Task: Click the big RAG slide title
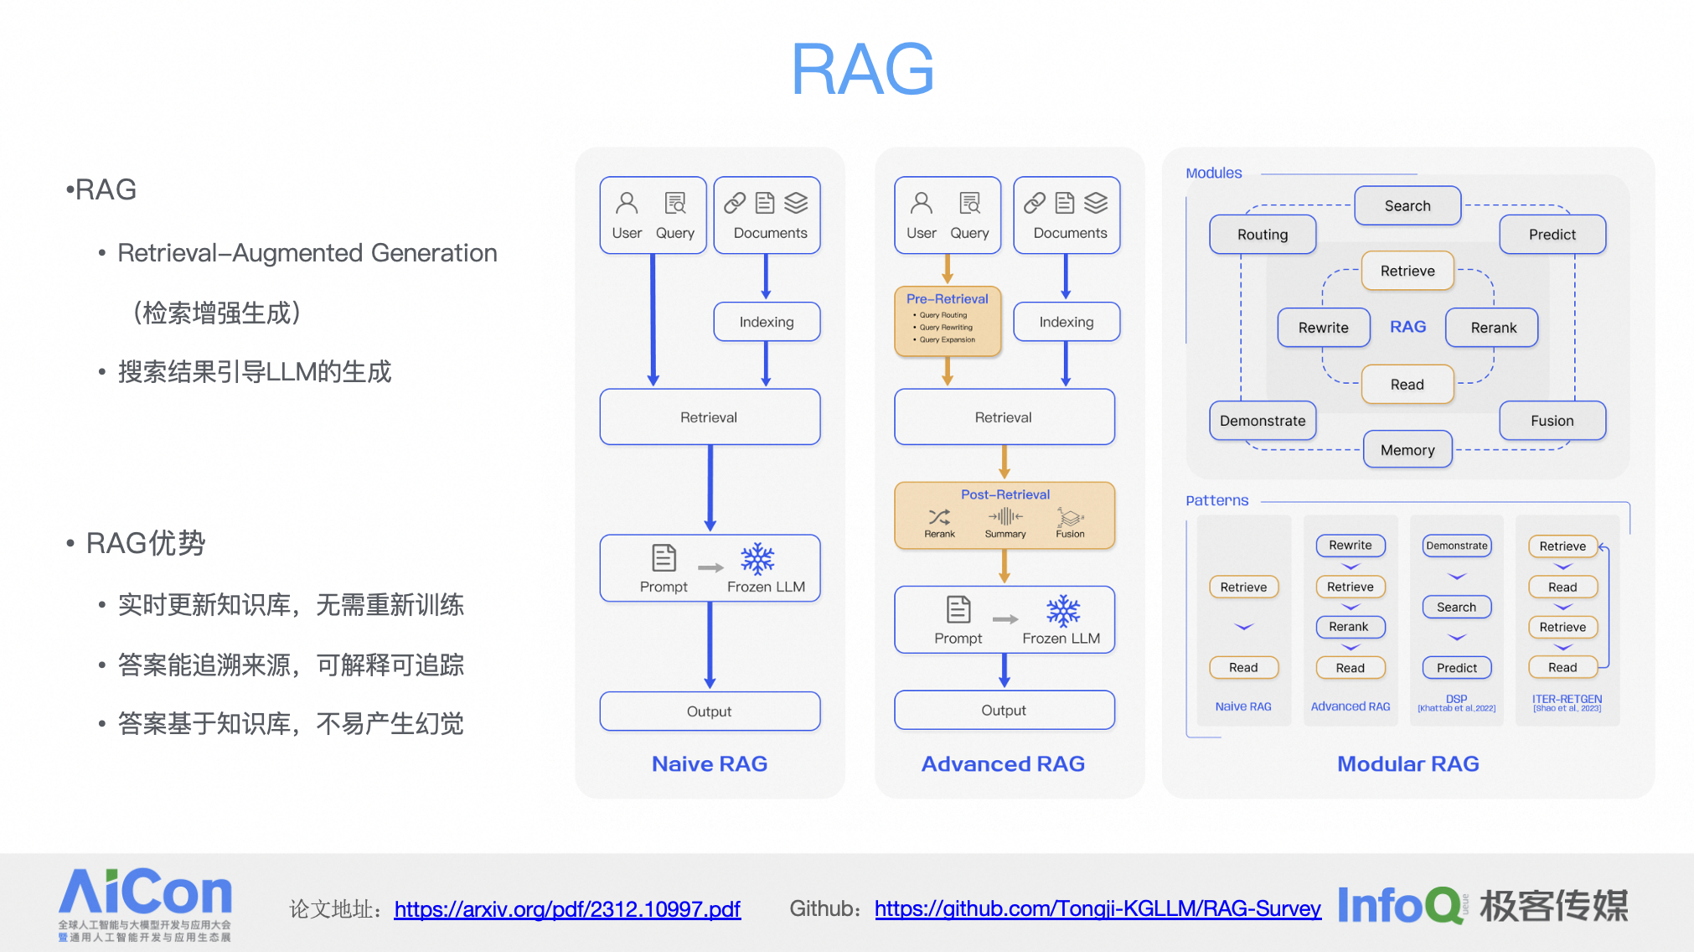point(862,70)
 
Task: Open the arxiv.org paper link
point(567,908)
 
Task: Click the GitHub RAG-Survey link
point(1097,908)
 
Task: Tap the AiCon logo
point(145,903)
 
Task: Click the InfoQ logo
point(1399,905)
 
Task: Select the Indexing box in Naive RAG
point(766,322)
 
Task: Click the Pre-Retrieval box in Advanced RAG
point(948,321)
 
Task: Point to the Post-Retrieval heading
point(1005,494)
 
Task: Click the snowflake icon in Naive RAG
point(757,558)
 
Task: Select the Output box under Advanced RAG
point(1004,711)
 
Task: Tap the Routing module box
point(1262,235)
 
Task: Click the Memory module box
point(1407,450)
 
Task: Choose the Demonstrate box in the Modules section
point(1262,421)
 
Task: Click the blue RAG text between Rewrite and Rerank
point(1407,327)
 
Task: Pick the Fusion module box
point(1552,421)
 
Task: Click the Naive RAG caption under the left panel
point(709,763)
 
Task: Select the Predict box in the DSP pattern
point(1456,668)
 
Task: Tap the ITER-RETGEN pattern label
point(1567,699)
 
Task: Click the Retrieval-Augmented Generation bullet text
point(307,253)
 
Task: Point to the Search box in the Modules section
point(1407,206)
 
